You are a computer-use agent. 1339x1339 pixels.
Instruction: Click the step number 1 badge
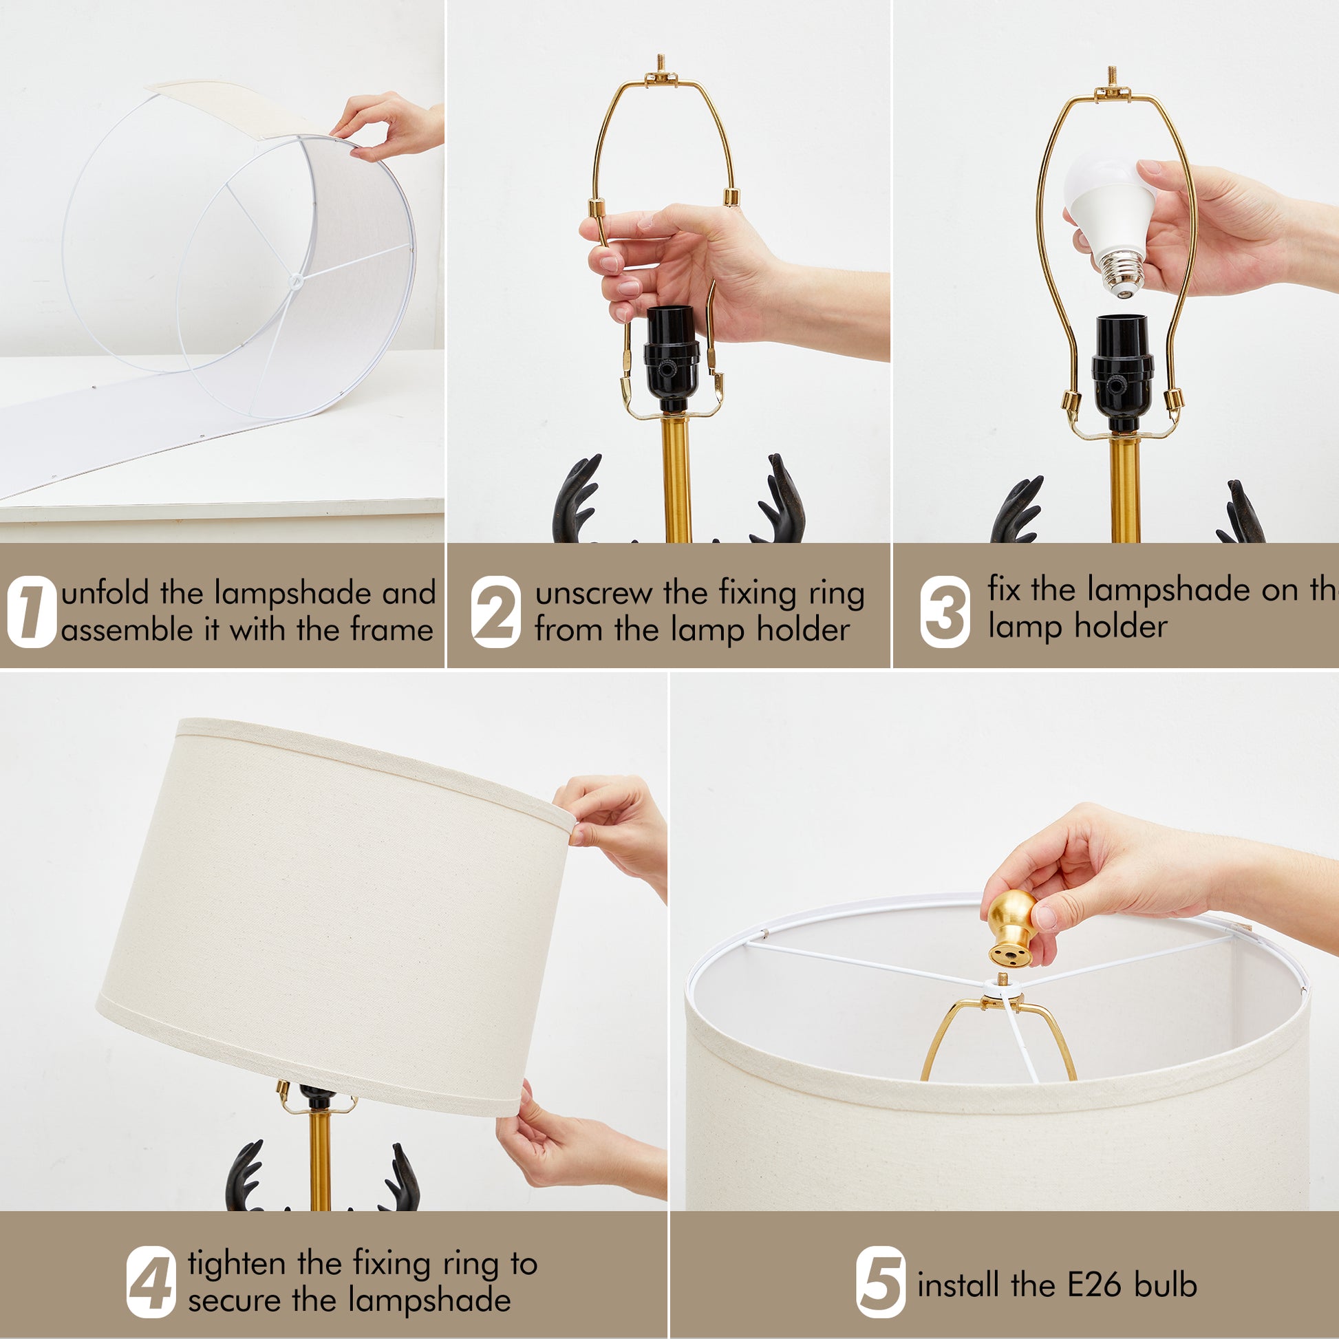tap(31, 612)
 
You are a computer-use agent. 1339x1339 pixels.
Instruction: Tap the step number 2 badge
tap(495, 612)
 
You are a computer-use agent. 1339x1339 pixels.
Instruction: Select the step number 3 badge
tap(945, 612)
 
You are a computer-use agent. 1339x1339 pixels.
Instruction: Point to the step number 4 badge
tap(151, 1282)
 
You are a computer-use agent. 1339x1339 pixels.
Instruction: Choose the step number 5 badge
tap(880, 1282)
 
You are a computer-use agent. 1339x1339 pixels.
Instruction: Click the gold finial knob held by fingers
tap(1012, 928)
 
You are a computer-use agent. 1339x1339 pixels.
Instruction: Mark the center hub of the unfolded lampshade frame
tap(296, 281)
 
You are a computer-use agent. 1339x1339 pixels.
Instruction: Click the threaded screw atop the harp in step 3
tap(1112, 77)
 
